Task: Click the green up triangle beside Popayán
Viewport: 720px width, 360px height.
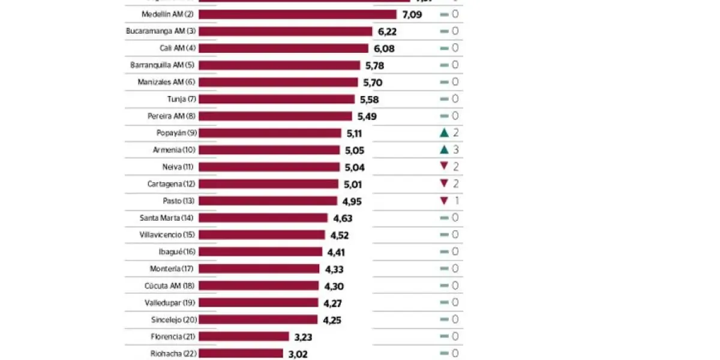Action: [x=444, y=133]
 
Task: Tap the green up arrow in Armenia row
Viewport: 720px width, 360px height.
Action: [x=444, y=149]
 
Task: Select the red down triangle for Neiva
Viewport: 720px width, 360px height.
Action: [x=444, y=166]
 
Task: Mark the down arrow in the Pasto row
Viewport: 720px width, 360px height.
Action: [x=444, y=200]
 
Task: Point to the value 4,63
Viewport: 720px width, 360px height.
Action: [x=342, y=218]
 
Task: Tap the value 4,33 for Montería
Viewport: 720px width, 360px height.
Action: [x=334, y=269]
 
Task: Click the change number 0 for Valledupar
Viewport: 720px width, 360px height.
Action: [x=455, y=302]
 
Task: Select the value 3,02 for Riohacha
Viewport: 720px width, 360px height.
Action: [x=298, y=354]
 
